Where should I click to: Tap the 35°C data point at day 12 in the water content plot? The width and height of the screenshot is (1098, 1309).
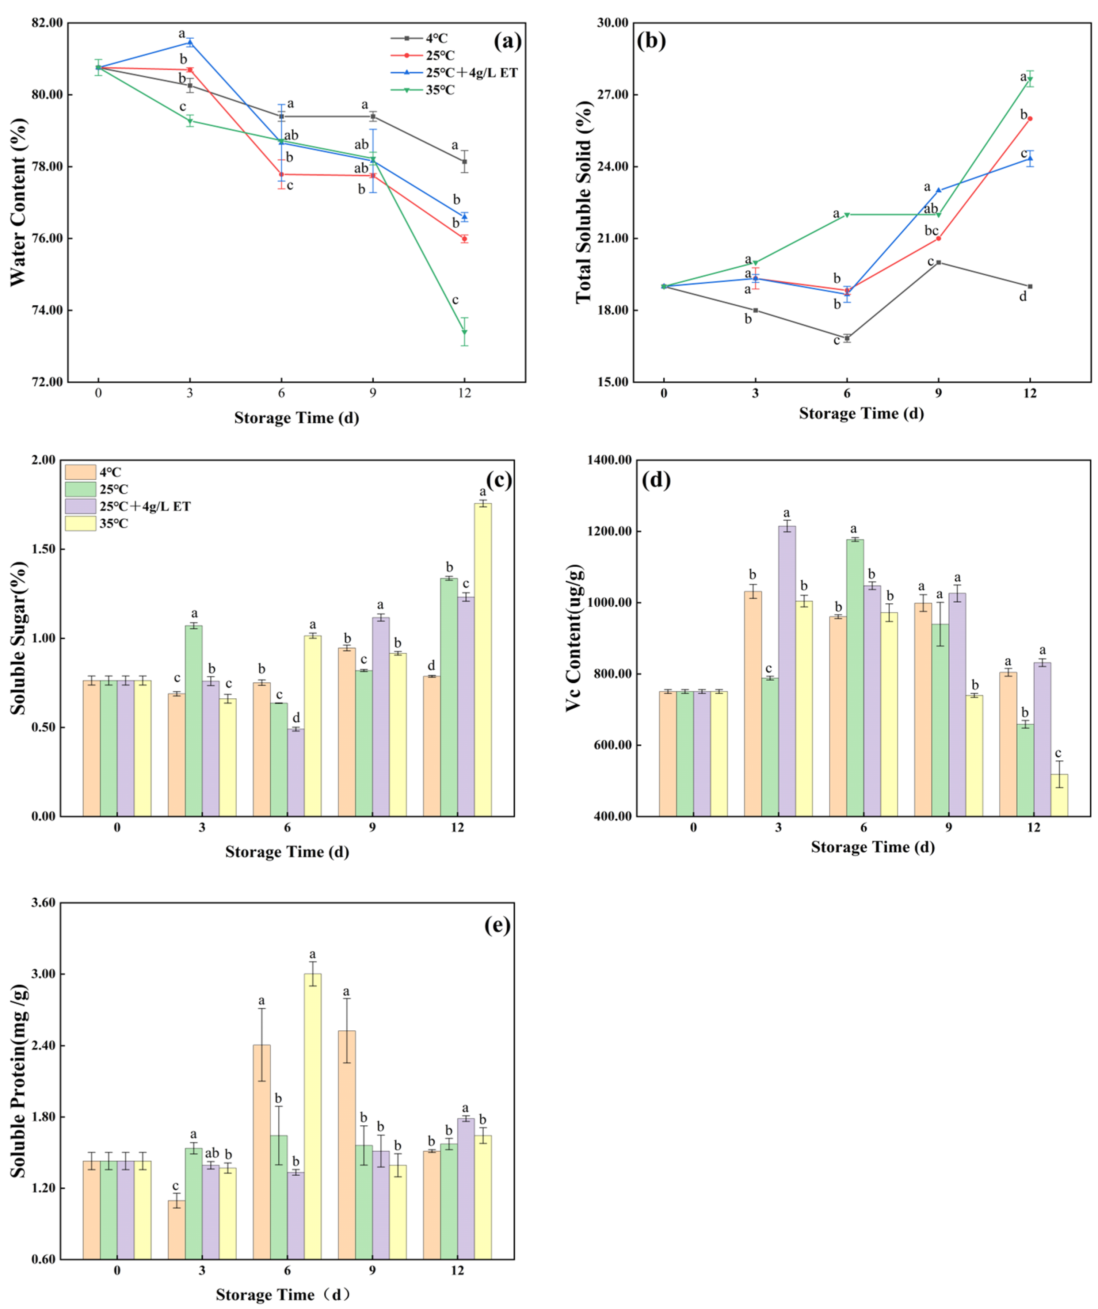464,332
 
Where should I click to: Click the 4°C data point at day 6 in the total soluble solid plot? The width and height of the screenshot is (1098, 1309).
847,339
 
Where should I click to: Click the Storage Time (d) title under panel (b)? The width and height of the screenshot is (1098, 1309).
861,413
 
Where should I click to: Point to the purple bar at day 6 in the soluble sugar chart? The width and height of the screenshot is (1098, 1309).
296,772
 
